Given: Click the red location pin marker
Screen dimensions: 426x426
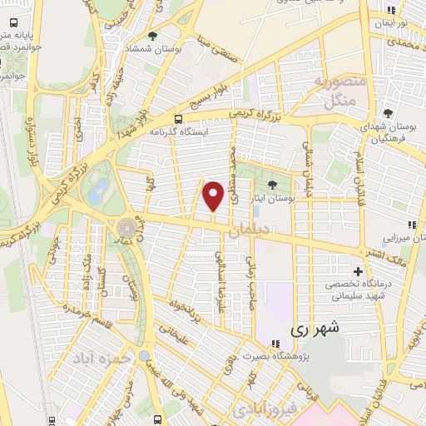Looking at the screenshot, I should pos(214,196).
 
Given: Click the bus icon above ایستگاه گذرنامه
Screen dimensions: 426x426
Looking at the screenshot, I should pos(179,119).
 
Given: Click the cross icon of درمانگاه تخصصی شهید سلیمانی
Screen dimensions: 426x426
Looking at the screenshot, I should pos(358,271).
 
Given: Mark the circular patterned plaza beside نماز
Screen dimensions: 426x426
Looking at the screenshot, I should pos(127,228).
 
